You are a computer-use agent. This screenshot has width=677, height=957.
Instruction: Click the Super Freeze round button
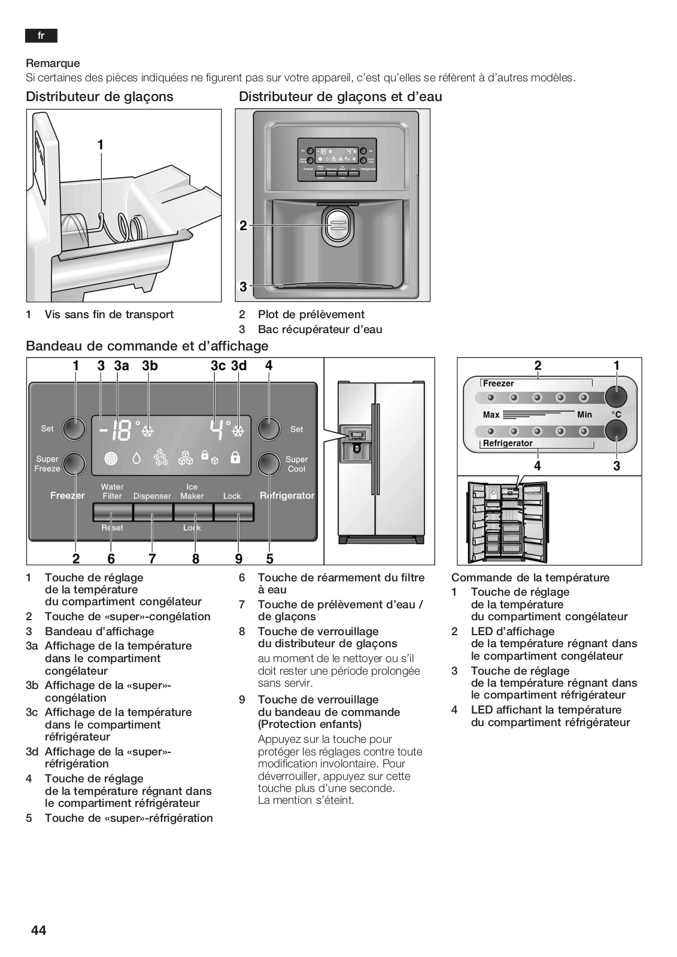pos(74,464)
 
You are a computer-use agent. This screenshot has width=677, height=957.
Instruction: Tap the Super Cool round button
pos(269,464)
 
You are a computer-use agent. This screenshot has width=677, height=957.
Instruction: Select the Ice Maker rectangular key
pos(193,512)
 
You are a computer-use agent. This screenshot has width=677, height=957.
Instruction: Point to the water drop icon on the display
pos(136,458)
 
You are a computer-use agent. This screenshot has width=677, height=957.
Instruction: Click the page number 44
pos(38,930)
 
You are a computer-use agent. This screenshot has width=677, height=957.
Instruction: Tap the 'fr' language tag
pos(41,36)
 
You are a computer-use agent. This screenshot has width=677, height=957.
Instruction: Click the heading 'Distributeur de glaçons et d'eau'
pos(340,97)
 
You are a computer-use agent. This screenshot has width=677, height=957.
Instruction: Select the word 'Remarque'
pos(53,63)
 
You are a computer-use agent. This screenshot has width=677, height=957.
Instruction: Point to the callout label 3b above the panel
pos(150,365)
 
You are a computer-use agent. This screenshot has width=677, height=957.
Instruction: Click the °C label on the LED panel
pos(616,415)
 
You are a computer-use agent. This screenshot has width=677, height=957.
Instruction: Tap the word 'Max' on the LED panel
pos(491,415)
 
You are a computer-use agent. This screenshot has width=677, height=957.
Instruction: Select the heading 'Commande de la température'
pos(530,578)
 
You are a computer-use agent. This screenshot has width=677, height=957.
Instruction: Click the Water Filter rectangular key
pos(113,512)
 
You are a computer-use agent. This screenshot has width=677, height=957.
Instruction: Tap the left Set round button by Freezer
pos(74,428)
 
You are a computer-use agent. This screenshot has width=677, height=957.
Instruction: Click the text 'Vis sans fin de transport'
pos(109,315)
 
